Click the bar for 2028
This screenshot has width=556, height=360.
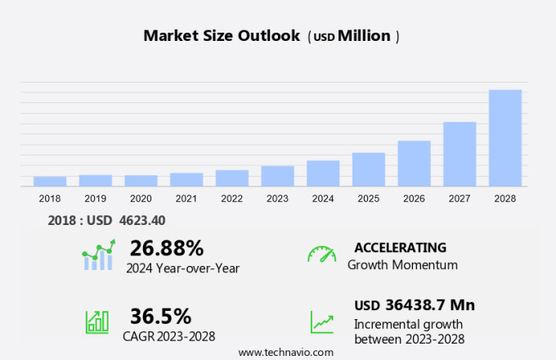coord(505,137)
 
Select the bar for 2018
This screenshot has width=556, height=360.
coord(50,181)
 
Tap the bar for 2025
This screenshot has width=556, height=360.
coord(369,169)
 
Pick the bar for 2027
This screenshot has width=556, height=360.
coord(460,154)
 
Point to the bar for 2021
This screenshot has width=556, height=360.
coord(186,179)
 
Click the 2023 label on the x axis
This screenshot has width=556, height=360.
coord(277,199)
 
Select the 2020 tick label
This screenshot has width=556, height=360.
coord(141,199)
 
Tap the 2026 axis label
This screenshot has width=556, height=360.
coord(414,199)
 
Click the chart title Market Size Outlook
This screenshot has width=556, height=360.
coord(222,36)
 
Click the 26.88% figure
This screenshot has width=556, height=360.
coord(166,247)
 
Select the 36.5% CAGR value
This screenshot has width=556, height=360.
coord(160,316)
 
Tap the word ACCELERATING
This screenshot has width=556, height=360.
coord(400,247)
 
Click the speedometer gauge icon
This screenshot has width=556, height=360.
coord(321,254)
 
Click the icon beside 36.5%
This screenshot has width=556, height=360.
coord(97,321)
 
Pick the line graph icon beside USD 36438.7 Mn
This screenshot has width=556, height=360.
coord(321,321)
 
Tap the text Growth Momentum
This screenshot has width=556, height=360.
coord(402,265)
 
